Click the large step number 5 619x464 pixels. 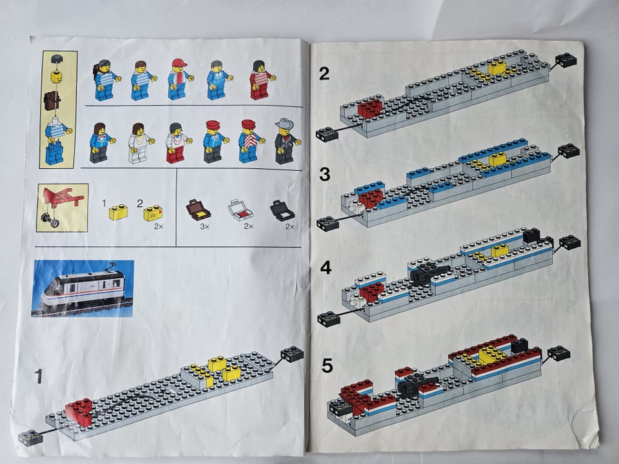(x=327, y=366)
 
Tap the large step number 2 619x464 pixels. (x=324, y=73)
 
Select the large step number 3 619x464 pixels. (x=324, y=174)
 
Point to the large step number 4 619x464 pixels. (x=326, y=267)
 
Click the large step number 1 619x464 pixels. (x=38, y=376)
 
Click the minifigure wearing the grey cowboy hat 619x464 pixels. (x=286, y=141)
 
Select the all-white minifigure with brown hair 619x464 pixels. (x=139, y=143)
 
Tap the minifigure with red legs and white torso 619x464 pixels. (x=177, y=143)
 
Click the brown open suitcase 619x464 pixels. (x=198, y=209)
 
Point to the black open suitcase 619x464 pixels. (x=282, y=210)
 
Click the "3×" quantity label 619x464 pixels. (x=204, y=226)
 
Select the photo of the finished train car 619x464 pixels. (x=83, y=289)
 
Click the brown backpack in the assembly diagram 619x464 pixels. (x=52, y=101)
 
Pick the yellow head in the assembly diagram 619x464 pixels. (x=57, y=76)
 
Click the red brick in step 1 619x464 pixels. (x=79, y=412)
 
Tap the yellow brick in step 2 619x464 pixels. (x=497, y=68)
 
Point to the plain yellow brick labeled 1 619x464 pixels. (x=118, y=212)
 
